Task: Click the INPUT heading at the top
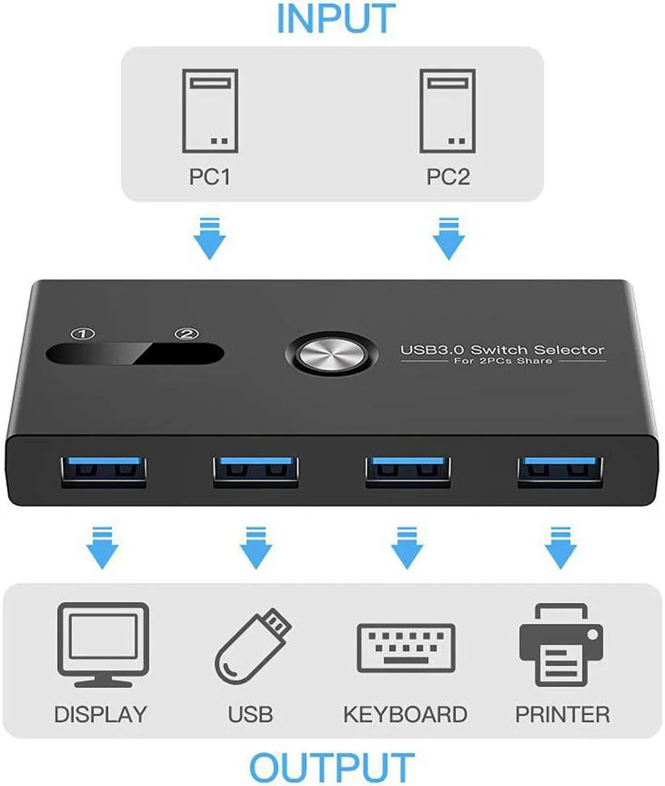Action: tap(336, 18)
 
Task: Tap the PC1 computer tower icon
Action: tap(210, 111)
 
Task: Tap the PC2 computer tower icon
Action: tap(447, 111)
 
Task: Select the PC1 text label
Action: tap(210, 177)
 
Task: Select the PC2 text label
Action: tap(448, 177)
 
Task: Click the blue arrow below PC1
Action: tap(210, 239)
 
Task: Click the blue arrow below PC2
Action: tap(449, 239)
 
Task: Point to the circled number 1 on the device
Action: tap(83, 334)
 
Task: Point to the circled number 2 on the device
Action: tap(187, 334)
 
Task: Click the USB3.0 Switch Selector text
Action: tap(502, 350)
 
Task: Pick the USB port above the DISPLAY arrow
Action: tap(104, 472)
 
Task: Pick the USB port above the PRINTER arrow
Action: tap(560, 472)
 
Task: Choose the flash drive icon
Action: tap(253, 646)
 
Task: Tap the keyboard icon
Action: tap(406, 648)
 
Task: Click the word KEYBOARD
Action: tap(406, 715)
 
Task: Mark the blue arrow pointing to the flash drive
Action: tap(256, 548)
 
